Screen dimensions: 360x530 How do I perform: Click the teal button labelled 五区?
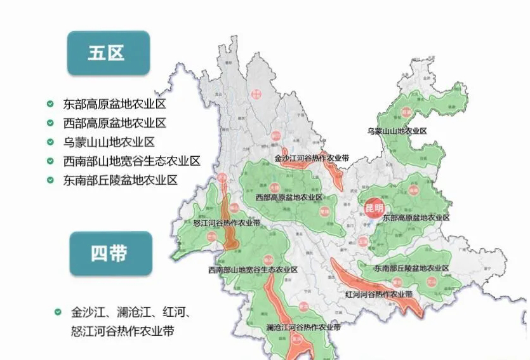tap(109, 53)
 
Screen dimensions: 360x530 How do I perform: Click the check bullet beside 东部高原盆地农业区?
tap(50, 104)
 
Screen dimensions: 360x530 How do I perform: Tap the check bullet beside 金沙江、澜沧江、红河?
tap(58, 312)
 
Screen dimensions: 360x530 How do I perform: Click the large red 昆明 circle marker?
tap(374, 208)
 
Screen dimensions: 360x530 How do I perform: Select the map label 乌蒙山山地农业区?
tap(397, 131)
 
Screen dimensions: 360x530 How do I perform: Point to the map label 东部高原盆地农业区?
tap(416, 218)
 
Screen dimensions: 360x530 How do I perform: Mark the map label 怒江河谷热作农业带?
tap(227, 223)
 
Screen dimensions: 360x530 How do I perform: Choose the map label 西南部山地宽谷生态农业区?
tap(253, 270)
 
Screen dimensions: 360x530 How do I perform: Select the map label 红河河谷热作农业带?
tap(379, 295)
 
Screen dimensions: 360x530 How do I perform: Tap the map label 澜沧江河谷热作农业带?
tap(303, 328)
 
